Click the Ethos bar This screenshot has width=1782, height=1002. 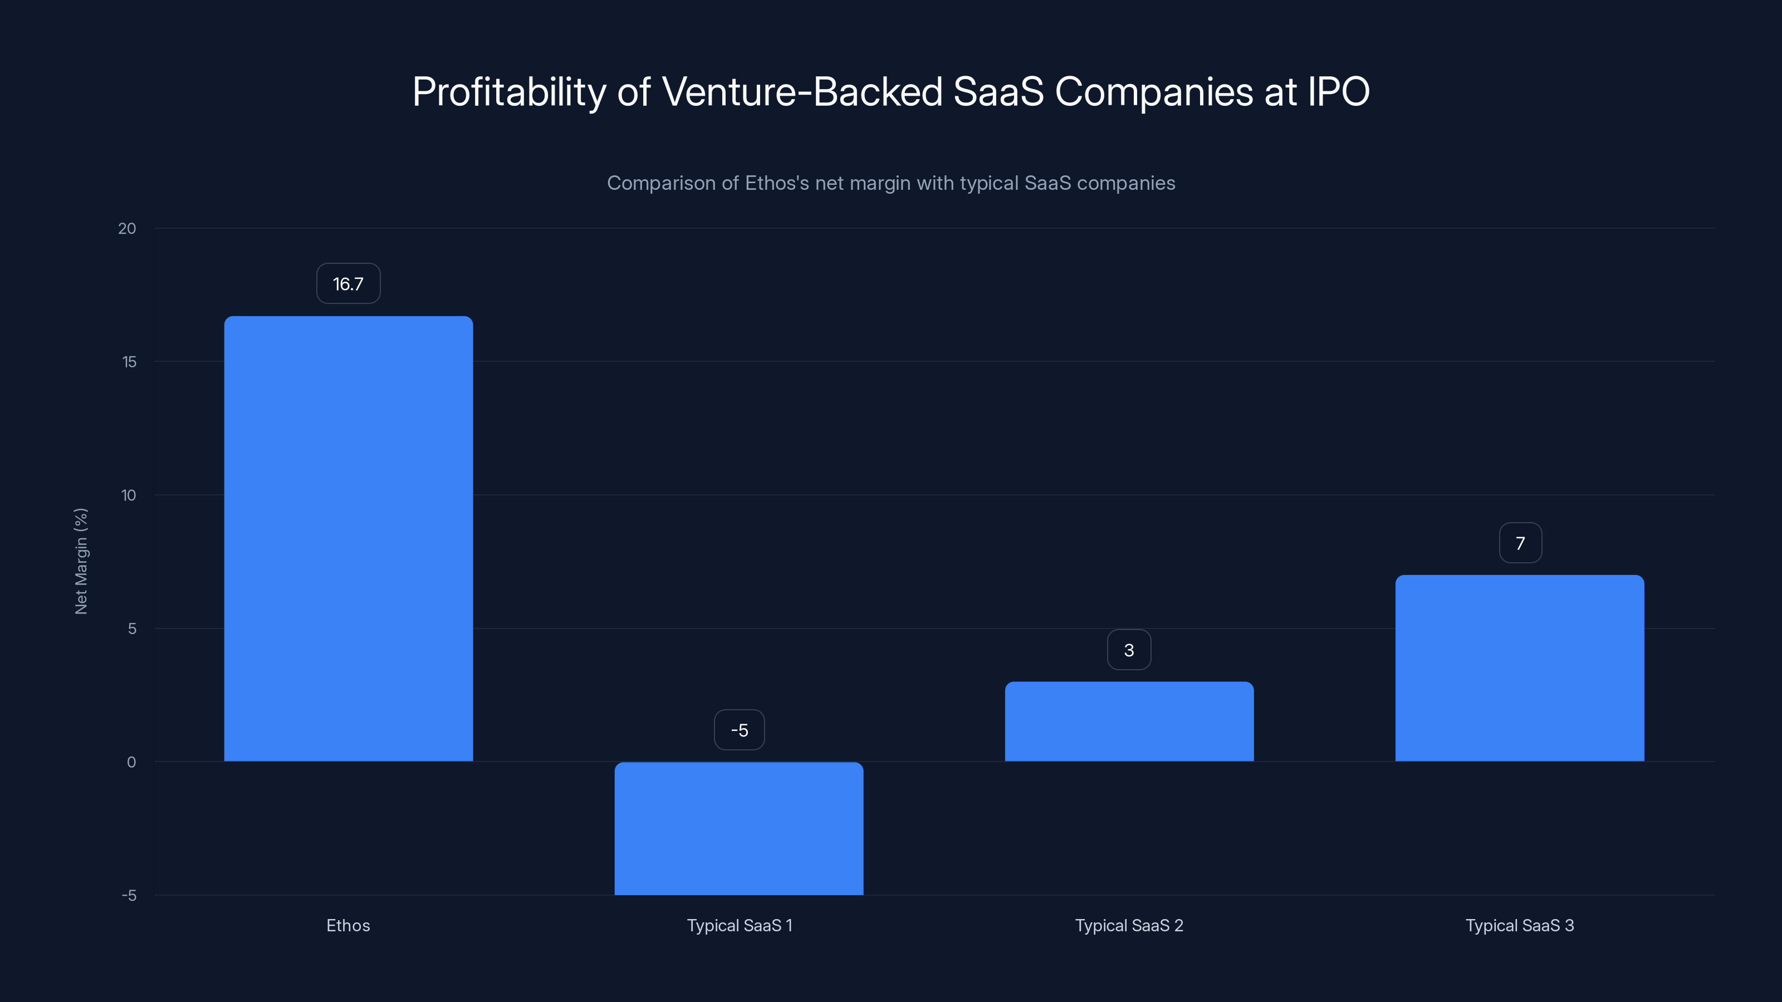(348, 539)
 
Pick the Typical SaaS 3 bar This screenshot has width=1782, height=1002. (1519, 668)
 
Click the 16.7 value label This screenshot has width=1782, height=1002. (348, 283)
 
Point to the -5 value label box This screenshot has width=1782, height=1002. (739, 730)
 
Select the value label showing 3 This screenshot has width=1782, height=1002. (1129, 650)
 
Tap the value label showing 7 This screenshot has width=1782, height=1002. (1520, 543)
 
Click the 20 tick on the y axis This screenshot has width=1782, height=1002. (128, 228)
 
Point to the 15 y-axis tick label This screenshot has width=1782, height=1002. (129, 362)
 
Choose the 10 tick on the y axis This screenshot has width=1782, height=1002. (129, 495)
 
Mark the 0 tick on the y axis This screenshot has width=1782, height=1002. (131, 762)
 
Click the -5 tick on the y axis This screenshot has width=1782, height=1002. (129, 896)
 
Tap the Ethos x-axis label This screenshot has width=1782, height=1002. (348, 925)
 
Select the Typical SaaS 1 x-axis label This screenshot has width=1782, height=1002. (739, 925)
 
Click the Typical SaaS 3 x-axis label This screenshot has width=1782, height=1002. (1519, 925)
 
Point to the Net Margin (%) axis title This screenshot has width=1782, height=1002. (81, 561)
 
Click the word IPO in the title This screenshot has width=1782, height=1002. (1338, 91)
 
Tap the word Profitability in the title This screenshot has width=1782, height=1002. (509, 92)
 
